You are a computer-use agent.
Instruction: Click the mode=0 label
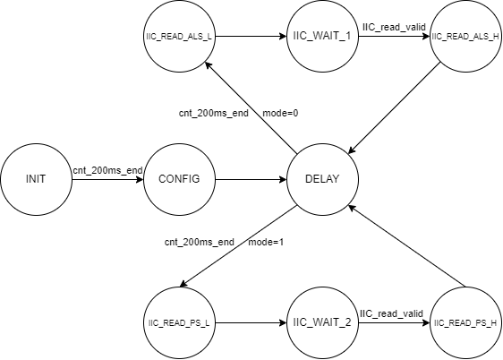click(x=280, y=113)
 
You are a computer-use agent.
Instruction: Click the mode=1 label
click(x=266, y=242)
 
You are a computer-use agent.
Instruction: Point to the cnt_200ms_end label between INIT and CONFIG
click(x=107, y=170)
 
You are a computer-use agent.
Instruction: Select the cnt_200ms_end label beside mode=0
click(x=214, y=113)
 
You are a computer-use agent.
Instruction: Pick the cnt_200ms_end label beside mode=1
click(x=200, y=242)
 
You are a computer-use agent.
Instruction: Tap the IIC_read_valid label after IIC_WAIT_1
click(x=394, y=27)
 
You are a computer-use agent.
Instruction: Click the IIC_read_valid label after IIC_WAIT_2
click(x=391, y=313)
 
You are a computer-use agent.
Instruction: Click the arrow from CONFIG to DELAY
click(x=251, y=179)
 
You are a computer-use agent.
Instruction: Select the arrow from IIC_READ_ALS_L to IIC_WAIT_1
click(x=251, y=36)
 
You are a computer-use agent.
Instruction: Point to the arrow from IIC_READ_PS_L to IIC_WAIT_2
click(x=251, y=322)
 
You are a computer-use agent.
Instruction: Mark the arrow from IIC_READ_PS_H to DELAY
click(x=406, y=245)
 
